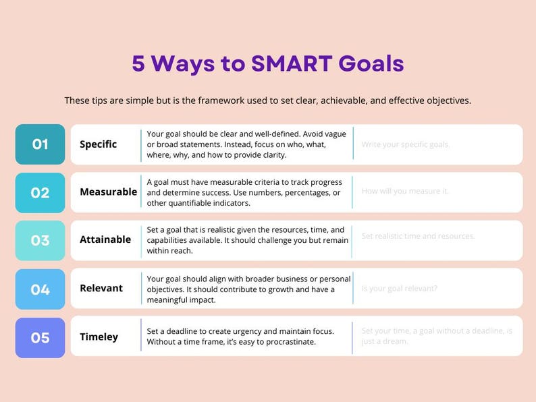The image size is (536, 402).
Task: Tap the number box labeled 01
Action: click(41, 144)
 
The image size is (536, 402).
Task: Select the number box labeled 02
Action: click(41, 192)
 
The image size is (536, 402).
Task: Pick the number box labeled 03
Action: click(41, 240)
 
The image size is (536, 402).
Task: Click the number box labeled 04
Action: click(41, 289)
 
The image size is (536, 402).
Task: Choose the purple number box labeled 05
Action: click(41, 337)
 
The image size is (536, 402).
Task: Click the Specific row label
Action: click(98, 144)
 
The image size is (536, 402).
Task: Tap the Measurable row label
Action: click(108, 192)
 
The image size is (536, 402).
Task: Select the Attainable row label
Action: click(105, 240)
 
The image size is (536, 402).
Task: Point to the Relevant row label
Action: click(101, 289)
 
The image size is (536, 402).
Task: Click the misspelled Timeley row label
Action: click(99, 337)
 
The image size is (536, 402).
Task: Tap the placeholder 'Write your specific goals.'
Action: click(406, 144)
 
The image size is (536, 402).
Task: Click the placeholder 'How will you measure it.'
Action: click(405, 192)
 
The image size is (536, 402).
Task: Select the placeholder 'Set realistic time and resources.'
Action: click(419, 236)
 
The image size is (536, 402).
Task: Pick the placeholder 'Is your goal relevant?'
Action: click(400, 289)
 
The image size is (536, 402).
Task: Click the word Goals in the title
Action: click(371, 63)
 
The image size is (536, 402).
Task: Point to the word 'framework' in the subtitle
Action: click(220, 100)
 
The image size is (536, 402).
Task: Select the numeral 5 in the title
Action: click(138, 63)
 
